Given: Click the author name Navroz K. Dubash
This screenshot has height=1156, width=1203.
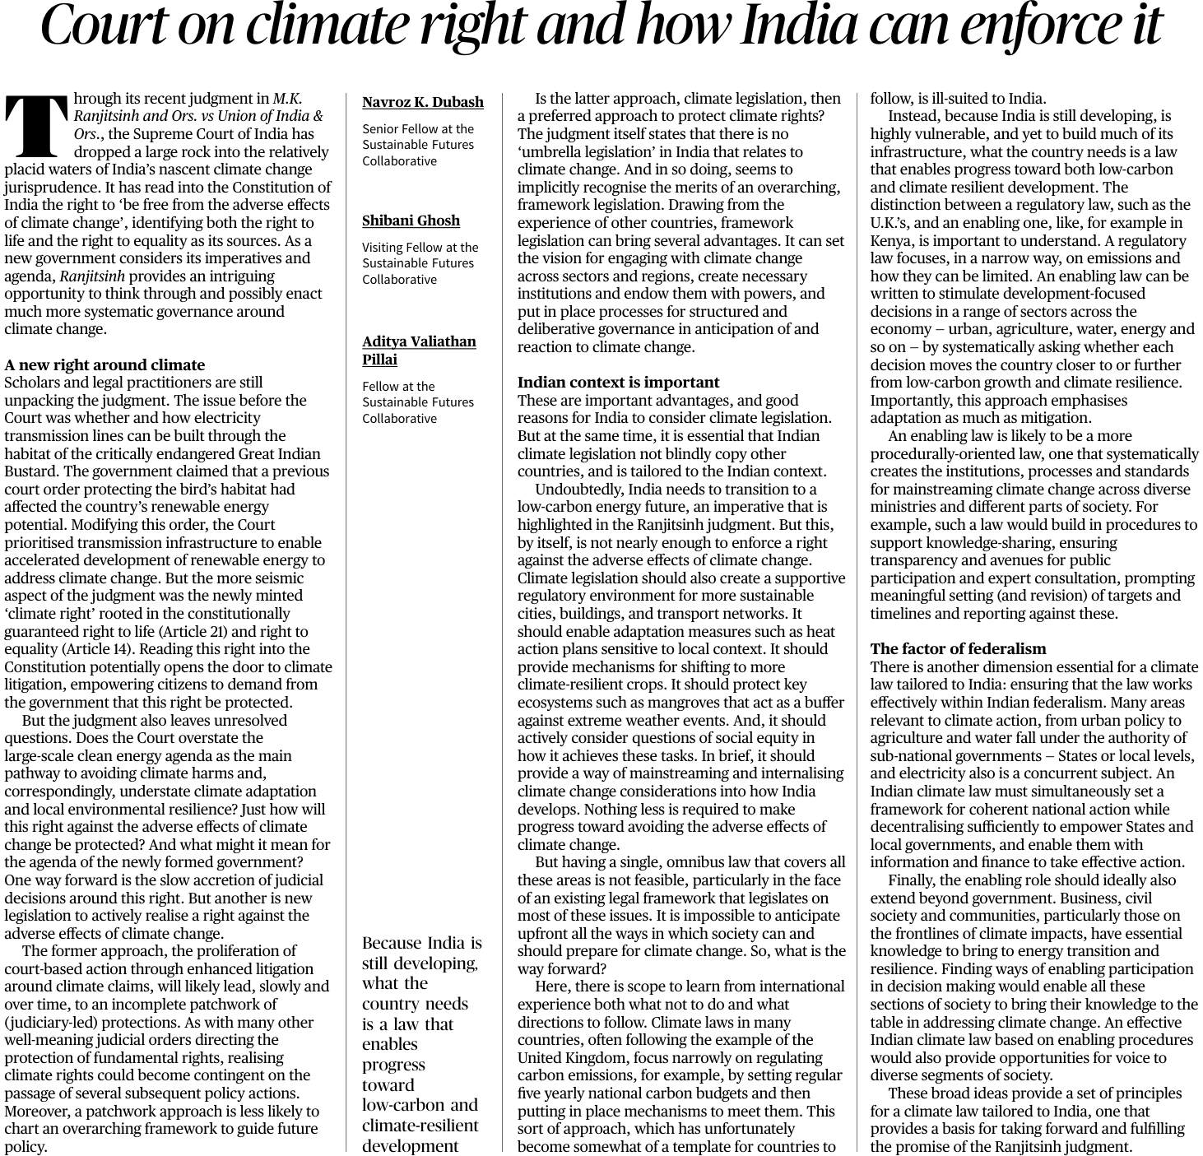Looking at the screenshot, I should pos(423,102).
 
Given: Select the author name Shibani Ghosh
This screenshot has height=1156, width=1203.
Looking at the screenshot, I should pos(411,221).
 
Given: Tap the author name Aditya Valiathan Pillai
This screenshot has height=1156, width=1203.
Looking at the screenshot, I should pos(419,350).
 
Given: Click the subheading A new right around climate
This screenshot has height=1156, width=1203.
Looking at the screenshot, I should pos(105,364).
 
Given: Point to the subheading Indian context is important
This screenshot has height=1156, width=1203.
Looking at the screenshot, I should pos(618,382).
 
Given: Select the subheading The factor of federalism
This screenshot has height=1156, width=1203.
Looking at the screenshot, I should pos(958,648).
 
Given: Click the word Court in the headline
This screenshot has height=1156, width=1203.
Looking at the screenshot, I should pos(99,26).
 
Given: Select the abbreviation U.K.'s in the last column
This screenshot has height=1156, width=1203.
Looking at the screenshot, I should pos(889,223).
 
